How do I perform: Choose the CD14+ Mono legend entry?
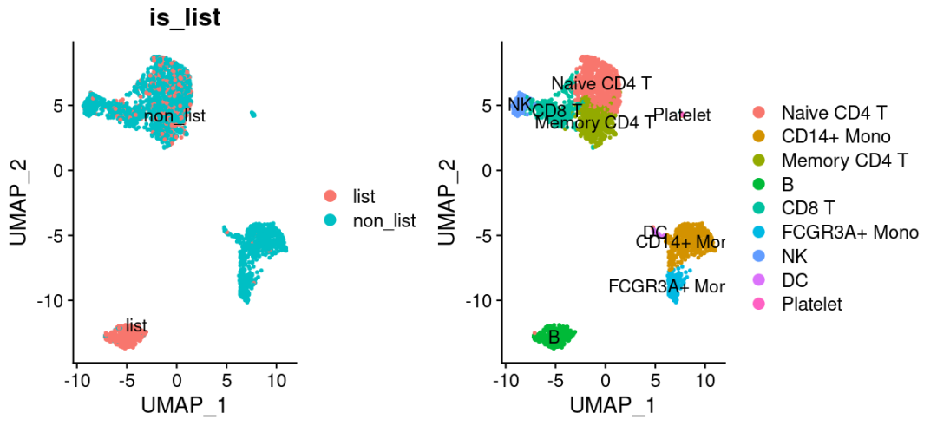[x=835, y=136]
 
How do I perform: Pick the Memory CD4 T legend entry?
[x=844, y=160]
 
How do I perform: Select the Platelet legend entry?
[x=811, y=304]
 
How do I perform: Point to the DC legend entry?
[x=795, y=280]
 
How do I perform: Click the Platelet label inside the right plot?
[x=682, y=115]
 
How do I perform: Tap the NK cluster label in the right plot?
[x=520, y=106]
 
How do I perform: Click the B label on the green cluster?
[x=554, y=337]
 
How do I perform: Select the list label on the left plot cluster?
[x=136, y=325]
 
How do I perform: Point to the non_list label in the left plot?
[x=174, y=116]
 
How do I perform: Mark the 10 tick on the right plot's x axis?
[x=704, y=379]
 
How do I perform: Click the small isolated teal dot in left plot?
[x=253, y=114]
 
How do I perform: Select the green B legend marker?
[x=758, y=184]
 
